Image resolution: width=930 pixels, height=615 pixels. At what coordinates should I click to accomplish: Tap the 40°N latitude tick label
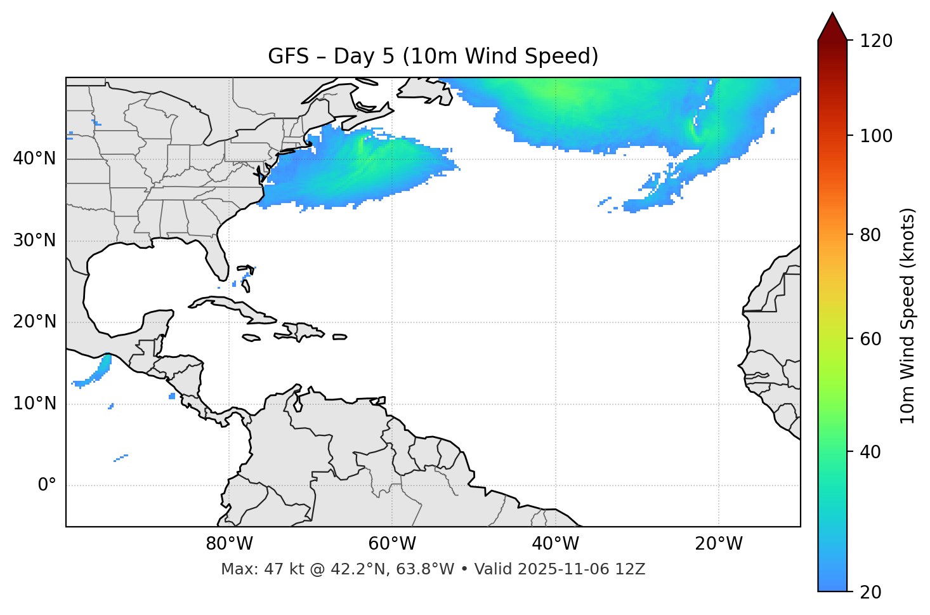[x=34, y=159]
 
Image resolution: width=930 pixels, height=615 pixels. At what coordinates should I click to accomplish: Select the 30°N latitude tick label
[x=34, y=241]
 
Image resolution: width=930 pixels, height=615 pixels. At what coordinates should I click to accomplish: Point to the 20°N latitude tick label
[x=34, y=322]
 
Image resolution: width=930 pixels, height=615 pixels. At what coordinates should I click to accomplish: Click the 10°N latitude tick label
[x=34, y=404]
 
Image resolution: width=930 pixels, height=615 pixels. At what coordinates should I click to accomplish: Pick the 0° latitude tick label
[x=47, y=486]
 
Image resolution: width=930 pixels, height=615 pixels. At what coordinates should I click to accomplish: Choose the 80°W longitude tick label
[x=229, y=544]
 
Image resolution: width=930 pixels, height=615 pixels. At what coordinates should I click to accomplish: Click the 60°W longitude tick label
[x=392, y=544]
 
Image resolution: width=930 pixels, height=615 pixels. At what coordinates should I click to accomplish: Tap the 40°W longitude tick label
[x=555, y=544]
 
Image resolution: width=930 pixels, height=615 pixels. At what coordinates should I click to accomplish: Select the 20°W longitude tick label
[x=718, y=544]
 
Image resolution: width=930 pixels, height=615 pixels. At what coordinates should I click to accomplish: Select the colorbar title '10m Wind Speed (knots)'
[x=908, y=315]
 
